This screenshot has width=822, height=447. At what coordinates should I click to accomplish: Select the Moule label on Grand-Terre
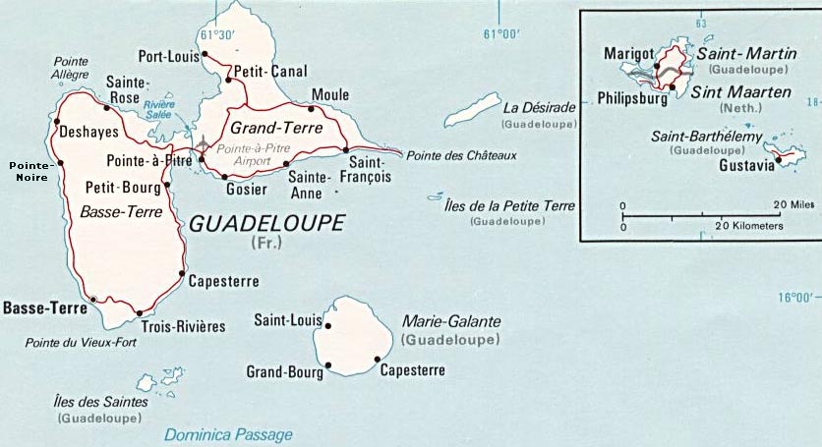click(x=329, y=95)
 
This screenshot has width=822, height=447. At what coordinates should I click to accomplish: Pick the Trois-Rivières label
click(x=183, y=326)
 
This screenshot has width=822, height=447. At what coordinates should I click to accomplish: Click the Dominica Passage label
click(x=228, y=433)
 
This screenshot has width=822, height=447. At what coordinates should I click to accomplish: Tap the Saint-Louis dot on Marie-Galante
click(x=328, y=326)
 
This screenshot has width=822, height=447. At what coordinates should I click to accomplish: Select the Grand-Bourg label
click(x=282, y=370)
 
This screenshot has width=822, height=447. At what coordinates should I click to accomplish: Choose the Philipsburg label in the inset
click(x=631, y=98)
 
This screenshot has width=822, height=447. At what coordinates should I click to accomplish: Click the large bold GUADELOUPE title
click(x=266, y=223)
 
